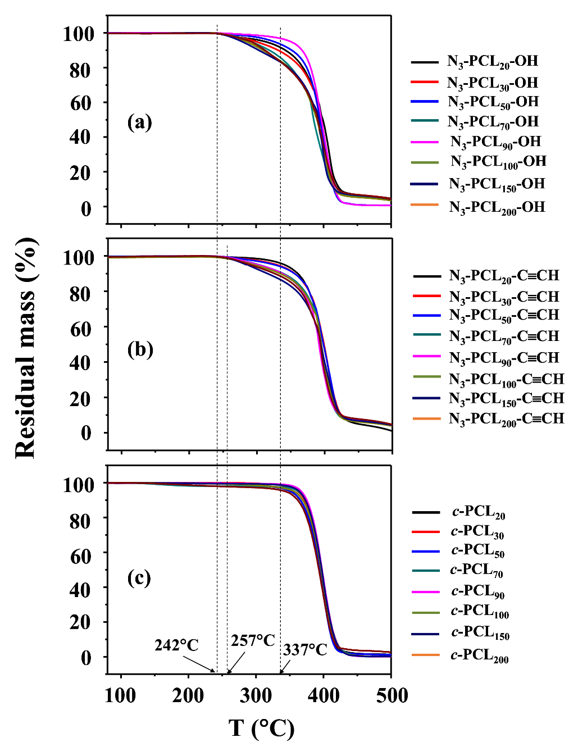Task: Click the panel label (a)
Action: pyautogui.click(x=139, y=122)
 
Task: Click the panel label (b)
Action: pyautogui.click(x=140, y=349)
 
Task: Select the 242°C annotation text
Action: pyautogui.click(x=176, y=645)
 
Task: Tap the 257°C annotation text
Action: pyautogui.click(x=253, y=640)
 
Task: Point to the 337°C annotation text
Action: pyautogui.click(x=305, y=650)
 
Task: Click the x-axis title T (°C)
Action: pyautogui.click(x=261, y=728)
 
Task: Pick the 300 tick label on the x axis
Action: pyautogui.click(x=256, y=695)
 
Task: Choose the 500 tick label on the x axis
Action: pyautogui.click(x=391, y=695)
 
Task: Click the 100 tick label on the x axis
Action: pyautogui.click(x=120, y=695)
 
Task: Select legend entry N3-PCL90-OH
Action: pyautogui.click(x=495, y=142)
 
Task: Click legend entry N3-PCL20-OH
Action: pyautogui.click(x=493, y=61)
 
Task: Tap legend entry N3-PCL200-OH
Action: pyautogui.click(x=497, y=207)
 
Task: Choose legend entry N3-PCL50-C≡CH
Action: pyautogui.click(x=504, y=315)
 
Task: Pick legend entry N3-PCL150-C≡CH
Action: pyautogui.click(x=506, y=398)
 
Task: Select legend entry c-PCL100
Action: pyautogui.click(x=480, y=611)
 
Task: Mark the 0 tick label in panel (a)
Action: pyautogui.click(x=86, y=208)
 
